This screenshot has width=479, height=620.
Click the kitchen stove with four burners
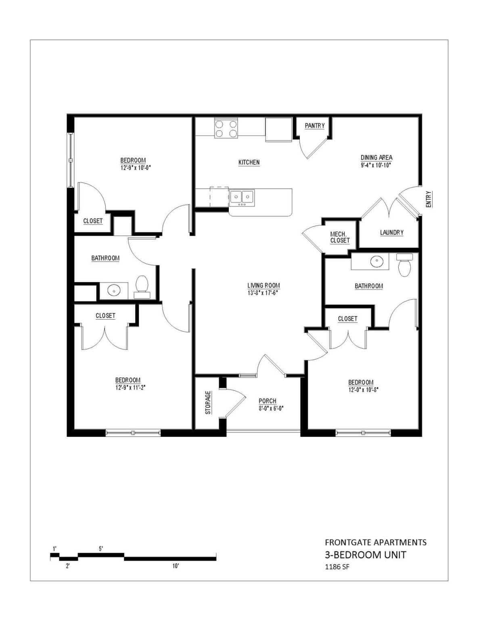[226, 128]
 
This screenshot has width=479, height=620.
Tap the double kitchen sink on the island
[242, 197]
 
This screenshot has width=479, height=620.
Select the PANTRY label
[314, 126]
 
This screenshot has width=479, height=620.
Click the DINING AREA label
[376, 157]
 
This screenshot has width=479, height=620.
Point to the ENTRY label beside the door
[428, 199]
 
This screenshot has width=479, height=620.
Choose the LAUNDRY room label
[391, 232]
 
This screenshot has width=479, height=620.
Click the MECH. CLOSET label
[340, 237]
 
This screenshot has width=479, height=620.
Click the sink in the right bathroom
[377, 262]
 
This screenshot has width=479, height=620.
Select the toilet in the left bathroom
[142, 284]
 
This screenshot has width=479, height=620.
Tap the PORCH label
[267, 401]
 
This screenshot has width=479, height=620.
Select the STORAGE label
[208, 402]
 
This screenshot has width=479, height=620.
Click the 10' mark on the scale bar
[176, 566]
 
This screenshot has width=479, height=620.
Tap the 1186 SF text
[337, 567]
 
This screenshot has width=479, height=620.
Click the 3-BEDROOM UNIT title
[365, 555]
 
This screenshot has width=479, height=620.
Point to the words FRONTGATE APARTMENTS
[376, 542]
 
